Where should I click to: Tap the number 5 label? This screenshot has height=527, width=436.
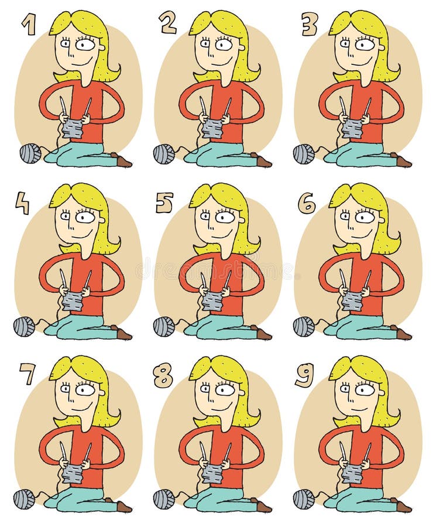click(x=164, y=203)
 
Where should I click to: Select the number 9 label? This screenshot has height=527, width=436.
click(x=305, y=374)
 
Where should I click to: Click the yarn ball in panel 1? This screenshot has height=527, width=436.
click(x=30, y=154)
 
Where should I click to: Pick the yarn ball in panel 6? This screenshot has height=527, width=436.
click(x=304, y=327)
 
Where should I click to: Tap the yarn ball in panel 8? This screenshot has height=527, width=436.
click(x=164, y=499)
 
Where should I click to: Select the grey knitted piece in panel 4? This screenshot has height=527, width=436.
click(x=73, y=301)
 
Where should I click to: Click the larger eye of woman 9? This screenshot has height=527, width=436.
click(x=364, y=389)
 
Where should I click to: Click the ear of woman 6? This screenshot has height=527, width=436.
click(x=382, y=220)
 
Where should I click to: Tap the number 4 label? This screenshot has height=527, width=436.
click(x=23, y=203)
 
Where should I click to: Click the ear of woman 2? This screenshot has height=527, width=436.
click(x=242, y=48)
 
